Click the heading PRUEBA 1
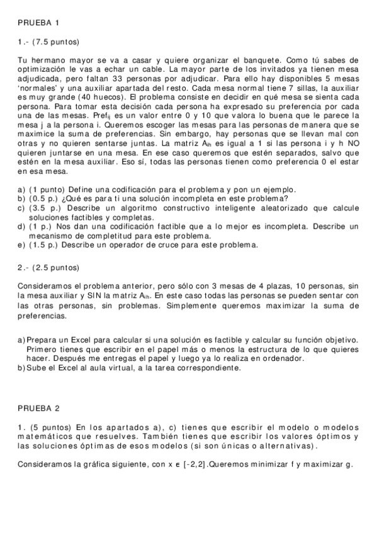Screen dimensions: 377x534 click(38, 23)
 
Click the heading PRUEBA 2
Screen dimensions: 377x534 click(38, 407)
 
